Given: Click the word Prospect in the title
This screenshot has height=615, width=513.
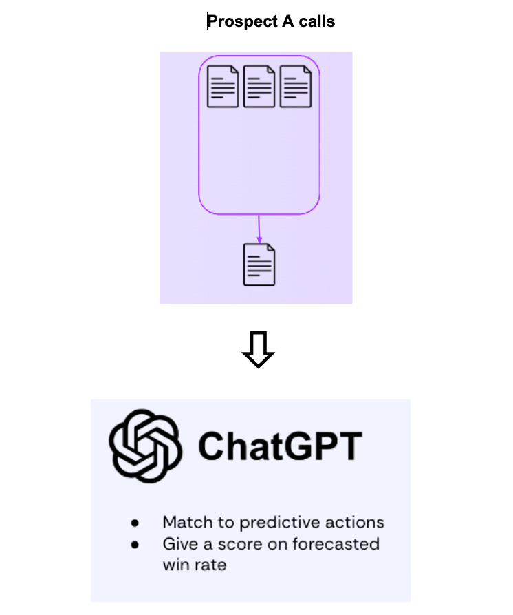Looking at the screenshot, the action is pyautogui.click(x=239, y=22).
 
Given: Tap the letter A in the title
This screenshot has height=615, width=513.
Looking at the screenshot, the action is pyautogui.click(x=279, y=22).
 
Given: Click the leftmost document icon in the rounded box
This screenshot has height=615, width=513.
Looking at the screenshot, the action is pyautogui.click(x=223, y=86).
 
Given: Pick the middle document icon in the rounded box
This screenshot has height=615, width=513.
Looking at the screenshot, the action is pyautogui.click(x=259, y=86).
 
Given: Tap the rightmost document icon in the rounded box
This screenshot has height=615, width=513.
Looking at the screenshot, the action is pyautogui.click(x=295, y=86).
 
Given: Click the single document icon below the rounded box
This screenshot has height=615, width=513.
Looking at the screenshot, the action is pyautogui.click(x=259, y=264).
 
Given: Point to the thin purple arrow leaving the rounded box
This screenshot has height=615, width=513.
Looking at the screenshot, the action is pyautogui.click(x=259, y=228).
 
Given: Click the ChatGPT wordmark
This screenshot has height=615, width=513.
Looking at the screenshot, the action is pyautogui.click(x=280, y=446).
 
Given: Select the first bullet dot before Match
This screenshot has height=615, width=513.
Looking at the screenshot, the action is pyautogui.click(x=135, y=523).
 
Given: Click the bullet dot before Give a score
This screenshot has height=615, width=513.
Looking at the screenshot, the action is pyautogui.click(x=135, y=544).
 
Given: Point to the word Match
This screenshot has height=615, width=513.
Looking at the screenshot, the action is pyautogui.click(x=188, y=522).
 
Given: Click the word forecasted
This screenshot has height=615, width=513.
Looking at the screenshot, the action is pyautogui.click(x=336, y=543).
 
